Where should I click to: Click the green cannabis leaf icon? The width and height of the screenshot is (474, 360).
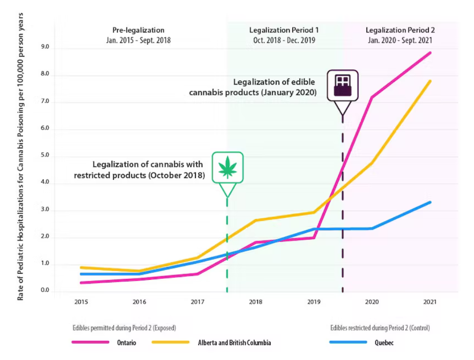pos(227,168)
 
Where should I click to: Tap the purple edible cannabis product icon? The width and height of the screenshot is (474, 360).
pos(342,85)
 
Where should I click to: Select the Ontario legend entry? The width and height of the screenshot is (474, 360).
pos(126,343)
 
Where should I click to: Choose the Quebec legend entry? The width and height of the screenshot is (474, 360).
pos(384,343)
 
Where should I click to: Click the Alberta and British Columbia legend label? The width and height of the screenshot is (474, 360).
pos(234,343)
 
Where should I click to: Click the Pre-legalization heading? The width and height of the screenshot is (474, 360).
pos(138,30)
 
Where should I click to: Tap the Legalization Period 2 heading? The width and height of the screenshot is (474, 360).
pos(398,30)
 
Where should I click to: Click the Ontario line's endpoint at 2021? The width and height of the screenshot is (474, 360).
pos(430,53)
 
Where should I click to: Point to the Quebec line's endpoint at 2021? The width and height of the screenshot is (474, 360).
pos(430,202)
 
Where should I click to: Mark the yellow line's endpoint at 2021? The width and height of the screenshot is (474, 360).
pos(430,81)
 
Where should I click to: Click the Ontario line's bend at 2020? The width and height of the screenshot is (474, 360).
pos(372,97)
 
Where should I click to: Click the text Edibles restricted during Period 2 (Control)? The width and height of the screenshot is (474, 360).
pos(380,328)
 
